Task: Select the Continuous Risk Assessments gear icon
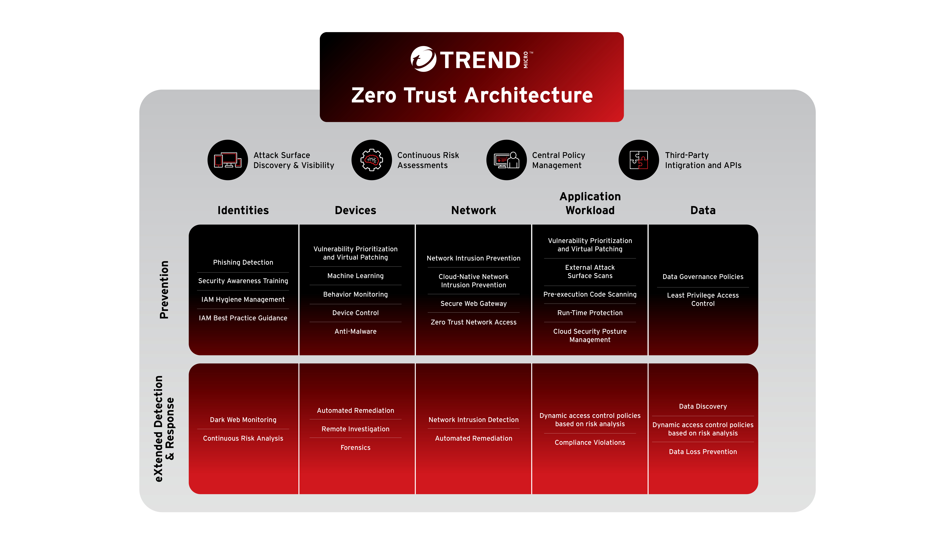(x=372, y=160)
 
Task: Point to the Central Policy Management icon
(x=507, y=160)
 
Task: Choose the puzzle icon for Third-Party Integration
(x=639, y=160)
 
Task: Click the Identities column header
(x=243, y=210)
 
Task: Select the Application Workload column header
(x=590, y=203)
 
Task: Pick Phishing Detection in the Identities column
(x=243, y=262)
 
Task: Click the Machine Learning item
(x=355, y=276)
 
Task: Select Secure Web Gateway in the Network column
(x=473, y=304)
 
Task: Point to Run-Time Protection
(x=590, y=313)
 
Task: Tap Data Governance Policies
(x=703, y=277)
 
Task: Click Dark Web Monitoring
(x=243, y=420)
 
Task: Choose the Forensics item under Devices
(x=355, y=448)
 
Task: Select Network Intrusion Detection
(x=473, y=420)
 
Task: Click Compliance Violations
(x=590, y=443)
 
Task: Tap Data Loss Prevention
(x=703, y=452)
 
